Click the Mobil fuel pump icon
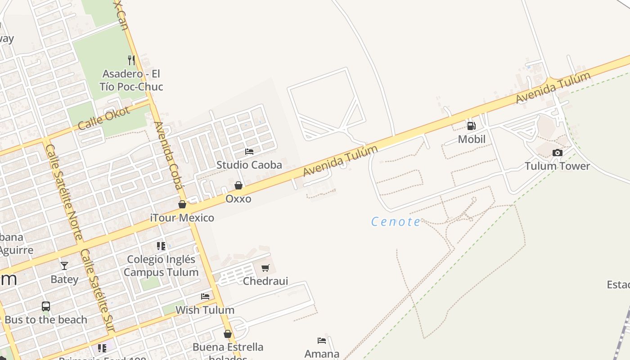pyautogui.click(x=471, y=126)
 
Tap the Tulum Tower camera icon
pyautogui.click(x=558, y=153)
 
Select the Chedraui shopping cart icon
pyautogui.click(x=265, y=268)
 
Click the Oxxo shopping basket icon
pyautogui.click(x=238, y=185)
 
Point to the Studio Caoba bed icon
pyautogui.click(x=249, y=152)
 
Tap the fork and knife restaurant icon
pyautogui.click(x=131, y=60)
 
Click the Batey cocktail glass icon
pyautogui.click(x=64, y=266)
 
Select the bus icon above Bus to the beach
pyautogui.click(x=46, y=306)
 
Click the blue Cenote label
pyautogui.click(x=396, y=221)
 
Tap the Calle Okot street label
pyautogui.click(x=103, y=118)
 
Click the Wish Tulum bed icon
pyautogui.click(x=205, y=297)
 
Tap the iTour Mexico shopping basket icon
pyautogui.click(x=182, y=205)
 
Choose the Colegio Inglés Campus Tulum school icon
pyautogui.click(x=161, y=246)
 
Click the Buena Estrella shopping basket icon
pyautogui.click(x=228, y=334)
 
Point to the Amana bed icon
pyautogui.click(x=322, y=341)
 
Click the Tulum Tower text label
pyautogui.click(x=557, y=166)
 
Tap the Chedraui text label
pyautogui.click(x=265, y=281)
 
